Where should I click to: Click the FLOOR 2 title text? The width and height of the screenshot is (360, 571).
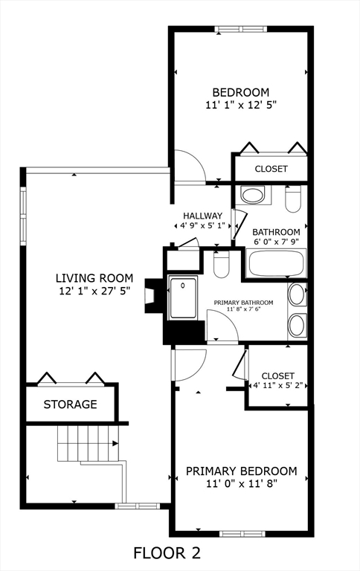click(x=167, y=553)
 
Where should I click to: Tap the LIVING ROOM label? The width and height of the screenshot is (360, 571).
click(x=94, y=278)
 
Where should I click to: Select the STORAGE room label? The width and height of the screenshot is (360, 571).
click(x=71, y=404)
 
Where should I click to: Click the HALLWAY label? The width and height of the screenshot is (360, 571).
click(x=202, y=216)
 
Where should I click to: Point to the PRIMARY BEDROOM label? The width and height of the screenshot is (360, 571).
click(x=242, y=471)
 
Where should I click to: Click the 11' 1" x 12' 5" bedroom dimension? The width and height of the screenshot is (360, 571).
click(x=241, y=105)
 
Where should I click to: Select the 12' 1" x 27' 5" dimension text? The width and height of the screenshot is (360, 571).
click(x=94, y=291)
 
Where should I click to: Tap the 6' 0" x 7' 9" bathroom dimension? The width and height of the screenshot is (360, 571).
click(x=276, y=242)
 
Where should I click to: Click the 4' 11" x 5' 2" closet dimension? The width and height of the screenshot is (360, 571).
click(x=278, y=385)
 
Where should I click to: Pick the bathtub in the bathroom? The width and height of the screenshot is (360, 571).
click(x=276, y=262)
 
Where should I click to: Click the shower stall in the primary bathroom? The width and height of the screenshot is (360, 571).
click(x=182, y=297)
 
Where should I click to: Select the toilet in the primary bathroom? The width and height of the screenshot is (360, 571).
click(x=221, y=265)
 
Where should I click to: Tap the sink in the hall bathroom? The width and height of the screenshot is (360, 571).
click(x=253, y=196)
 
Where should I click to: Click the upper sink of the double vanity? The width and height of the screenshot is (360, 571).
click(x=297, y=294)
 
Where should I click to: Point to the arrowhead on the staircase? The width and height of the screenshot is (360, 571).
click(x=115, y=444)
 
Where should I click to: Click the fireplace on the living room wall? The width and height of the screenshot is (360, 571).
click(x=153, y=296)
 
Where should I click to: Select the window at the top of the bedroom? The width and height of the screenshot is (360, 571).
click(x=240, y=29)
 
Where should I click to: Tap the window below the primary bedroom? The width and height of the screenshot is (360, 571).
click(x=242, y=534)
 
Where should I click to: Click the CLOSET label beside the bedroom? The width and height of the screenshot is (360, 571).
click(x=271, y=169)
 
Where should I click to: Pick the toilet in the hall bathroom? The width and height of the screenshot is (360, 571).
click(x=293, y=199)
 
